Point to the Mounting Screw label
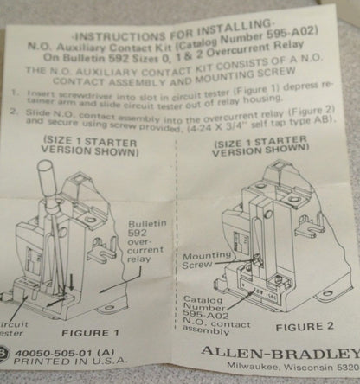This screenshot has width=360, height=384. (206, 261)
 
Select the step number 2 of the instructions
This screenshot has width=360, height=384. (12, 112)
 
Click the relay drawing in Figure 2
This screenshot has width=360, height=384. (281, 234)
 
